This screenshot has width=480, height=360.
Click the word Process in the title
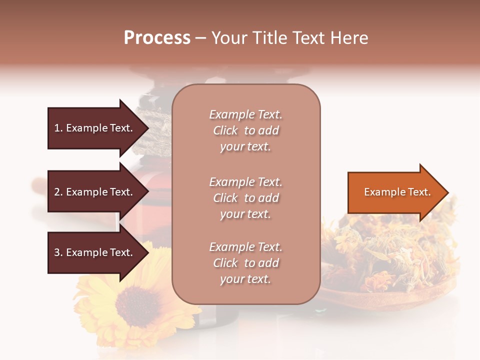click(157, 38)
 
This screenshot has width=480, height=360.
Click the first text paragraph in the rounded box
click(245, 130)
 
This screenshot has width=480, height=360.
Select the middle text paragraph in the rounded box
click(245, 198)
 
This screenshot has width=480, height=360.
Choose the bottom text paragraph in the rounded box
click(245, 263)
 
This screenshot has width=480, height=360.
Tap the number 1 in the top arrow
click(56, 128)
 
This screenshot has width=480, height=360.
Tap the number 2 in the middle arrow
click(56, 192)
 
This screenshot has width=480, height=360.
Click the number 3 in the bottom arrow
click(56, 252)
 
